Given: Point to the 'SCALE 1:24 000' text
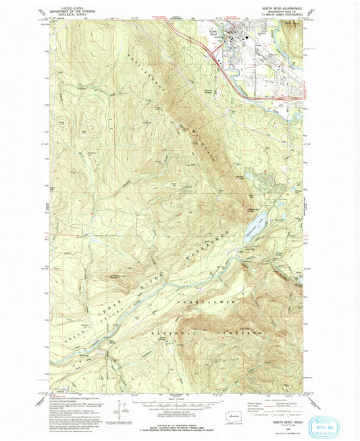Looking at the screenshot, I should coord(180,395).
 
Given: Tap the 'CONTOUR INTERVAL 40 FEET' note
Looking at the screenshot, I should coord(180,407).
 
